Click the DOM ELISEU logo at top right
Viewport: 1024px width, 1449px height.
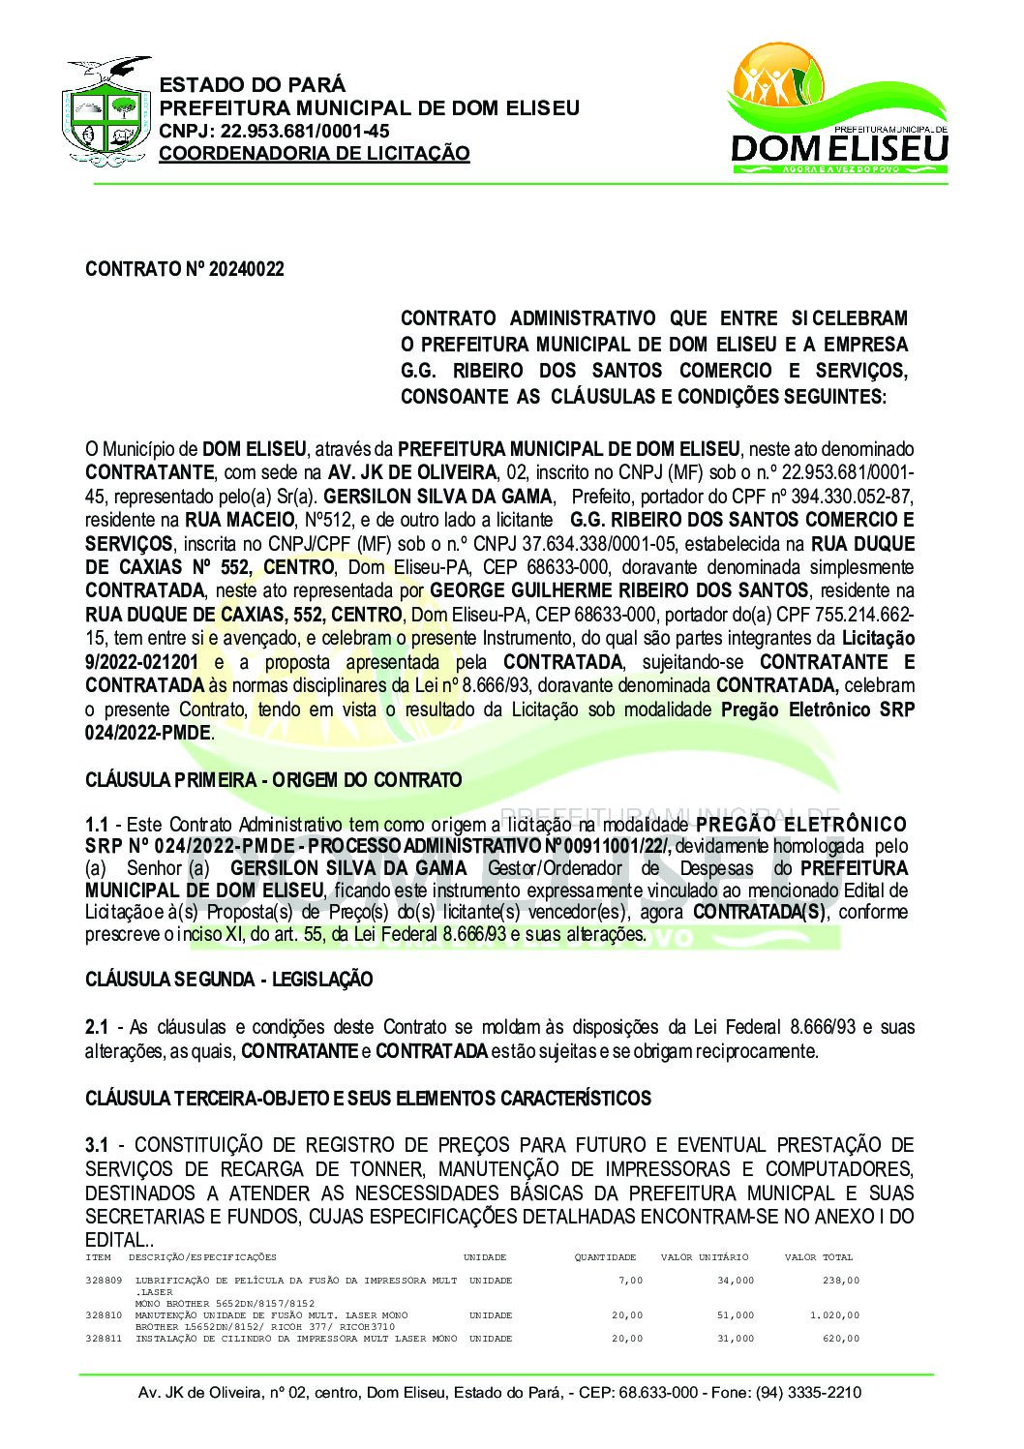838,112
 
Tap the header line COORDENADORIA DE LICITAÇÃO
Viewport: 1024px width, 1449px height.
314,154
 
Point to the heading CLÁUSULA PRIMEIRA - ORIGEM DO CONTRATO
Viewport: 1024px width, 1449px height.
274,780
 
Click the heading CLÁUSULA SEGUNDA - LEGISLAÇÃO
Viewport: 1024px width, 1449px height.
228,980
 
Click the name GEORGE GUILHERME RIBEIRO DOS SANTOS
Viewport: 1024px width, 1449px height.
618,590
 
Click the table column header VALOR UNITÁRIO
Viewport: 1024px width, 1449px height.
705,1257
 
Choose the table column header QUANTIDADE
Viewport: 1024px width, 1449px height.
605,1257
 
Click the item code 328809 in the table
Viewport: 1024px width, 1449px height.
104,1281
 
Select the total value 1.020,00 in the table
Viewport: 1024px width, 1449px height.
834,1315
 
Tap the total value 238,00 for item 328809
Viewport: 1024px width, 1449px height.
841,1281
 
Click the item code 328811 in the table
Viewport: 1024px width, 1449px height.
104,1339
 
